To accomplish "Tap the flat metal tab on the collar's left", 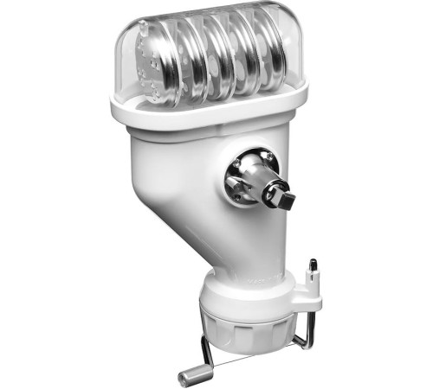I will (230, 183).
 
